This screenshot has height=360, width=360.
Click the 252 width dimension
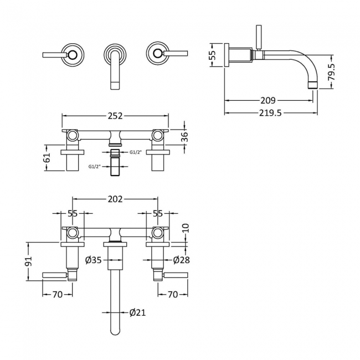coord(115,116)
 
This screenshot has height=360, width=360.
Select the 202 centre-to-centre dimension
coord(115,199)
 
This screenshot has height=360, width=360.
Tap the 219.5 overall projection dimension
coord(270,113)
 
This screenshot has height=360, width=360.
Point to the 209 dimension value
coord(268,100)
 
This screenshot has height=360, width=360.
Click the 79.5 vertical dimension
coord(332,71)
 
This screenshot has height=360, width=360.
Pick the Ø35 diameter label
coord(93,260)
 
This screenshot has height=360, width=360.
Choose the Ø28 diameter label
coord(181,260)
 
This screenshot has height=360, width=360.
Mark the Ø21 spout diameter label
coord(137,312)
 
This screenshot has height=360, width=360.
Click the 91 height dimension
coord(29,261)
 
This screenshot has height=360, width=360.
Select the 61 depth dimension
coord(47,157)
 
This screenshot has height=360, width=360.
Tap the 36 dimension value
coord(185,137)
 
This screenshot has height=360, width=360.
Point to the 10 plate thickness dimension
coord(186,228)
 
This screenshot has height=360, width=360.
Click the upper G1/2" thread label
coord(136,152)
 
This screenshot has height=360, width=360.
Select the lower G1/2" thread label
coord(95,167)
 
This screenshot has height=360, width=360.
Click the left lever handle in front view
coord(55,55)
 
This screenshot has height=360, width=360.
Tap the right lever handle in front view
coord(176,53)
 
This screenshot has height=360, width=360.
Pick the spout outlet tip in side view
coord(313,85)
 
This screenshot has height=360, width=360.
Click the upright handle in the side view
coord(259,37)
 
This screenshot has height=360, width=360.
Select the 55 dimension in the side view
coord(214,55)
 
